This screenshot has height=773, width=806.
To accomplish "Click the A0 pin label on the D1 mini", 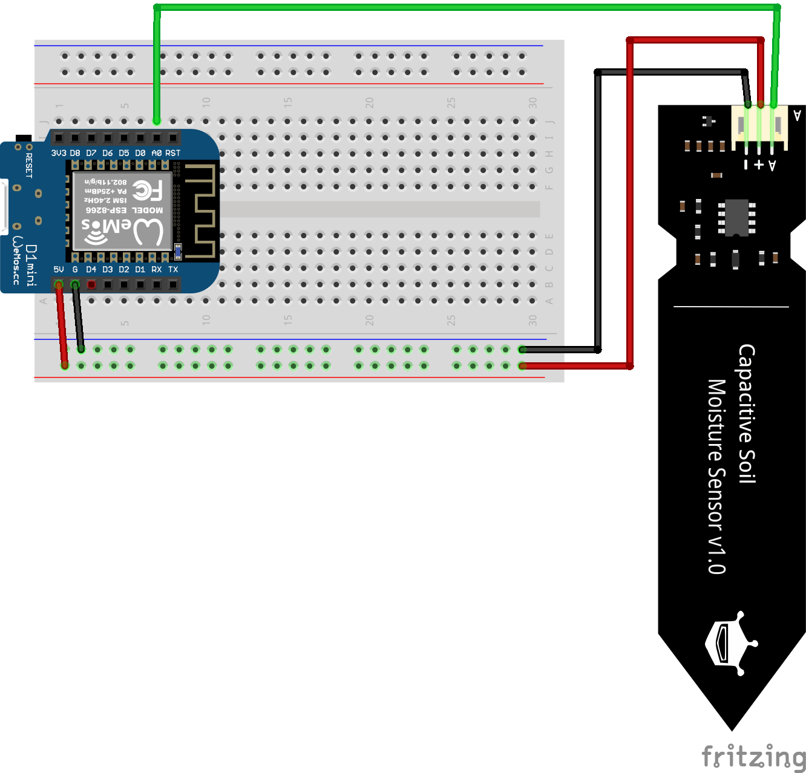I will click(157, 153).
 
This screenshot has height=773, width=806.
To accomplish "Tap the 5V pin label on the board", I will click(59, 269).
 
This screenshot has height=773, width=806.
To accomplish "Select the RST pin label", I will click(173, 153).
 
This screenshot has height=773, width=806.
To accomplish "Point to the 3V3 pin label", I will click(59, 153).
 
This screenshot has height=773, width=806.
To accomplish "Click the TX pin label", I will click(173, 269).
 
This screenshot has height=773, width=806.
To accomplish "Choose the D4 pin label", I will click(91, 269).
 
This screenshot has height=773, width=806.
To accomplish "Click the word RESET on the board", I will click(28, 165).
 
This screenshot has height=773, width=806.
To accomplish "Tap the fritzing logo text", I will click(753, 757).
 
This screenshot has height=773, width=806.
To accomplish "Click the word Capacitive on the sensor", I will click(747, 414).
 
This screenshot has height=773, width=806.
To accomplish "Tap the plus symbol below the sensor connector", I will click(759, 165).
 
